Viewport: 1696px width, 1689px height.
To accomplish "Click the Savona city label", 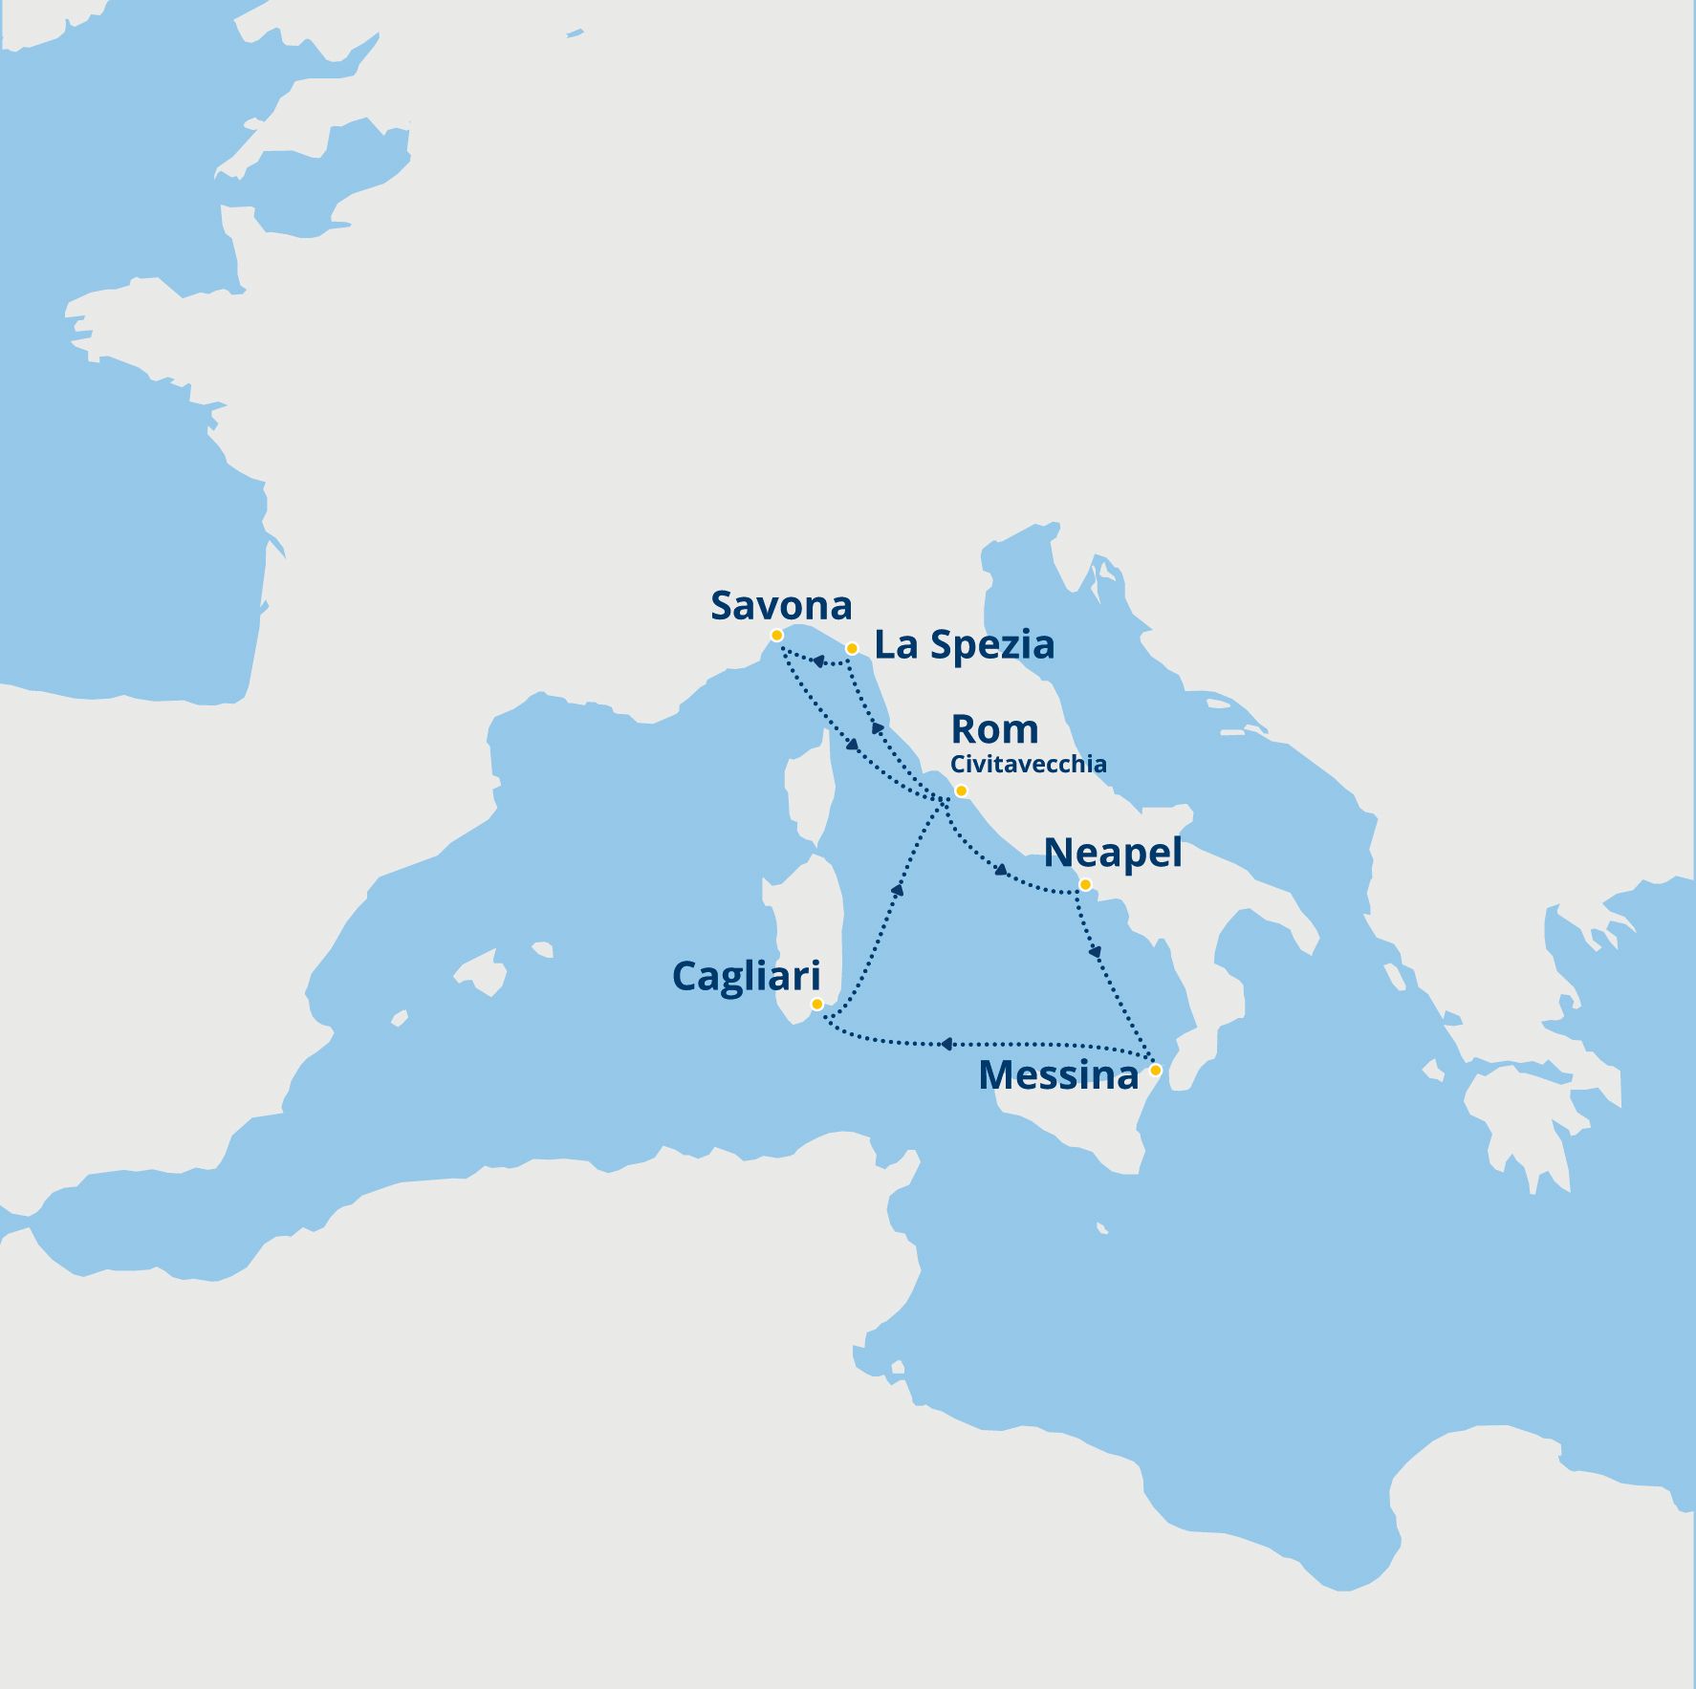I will [781, 606].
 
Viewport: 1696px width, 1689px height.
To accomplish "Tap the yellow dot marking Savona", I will [776, 636].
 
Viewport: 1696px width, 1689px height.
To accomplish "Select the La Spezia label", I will [964, 645].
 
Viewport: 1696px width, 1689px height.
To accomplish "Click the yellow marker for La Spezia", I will [852, 649].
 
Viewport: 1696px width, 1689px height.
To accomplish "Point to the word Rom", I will [994, 730].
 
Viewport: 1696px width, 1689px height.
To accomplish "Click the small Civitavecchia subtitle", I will [1028, 765].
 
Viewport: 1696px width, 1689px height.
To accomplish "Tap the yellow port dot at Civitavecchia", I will [961, 791].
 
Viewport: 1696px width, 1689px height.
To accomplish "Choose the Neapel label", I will [1112, 853].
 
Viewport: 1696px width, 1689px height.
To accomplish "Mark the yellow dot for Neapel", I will [1085, 885].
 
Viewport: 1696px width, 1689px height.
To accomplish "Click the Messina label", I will [1058, 1076].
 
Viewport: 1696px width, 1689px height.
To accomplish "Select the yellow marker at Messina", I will [1155, 1070].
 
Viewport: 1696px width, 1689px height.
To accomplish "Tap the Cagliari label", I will [746, 977].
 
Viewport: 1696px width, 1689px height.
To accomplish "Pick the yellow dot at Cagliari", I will [816, 1005].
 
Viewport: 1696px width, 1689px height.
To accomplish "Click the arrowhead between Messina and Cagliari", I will [946, 1045].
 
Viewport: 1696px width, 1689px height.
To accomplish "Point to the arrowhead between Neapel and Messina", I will [1096, 952].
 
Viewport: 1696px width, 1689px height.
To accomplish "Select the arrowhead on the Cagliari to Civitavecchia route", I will [897, 890].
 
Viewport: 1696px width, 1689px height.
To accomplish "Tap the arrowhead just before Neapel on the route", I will [1001, 870].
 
